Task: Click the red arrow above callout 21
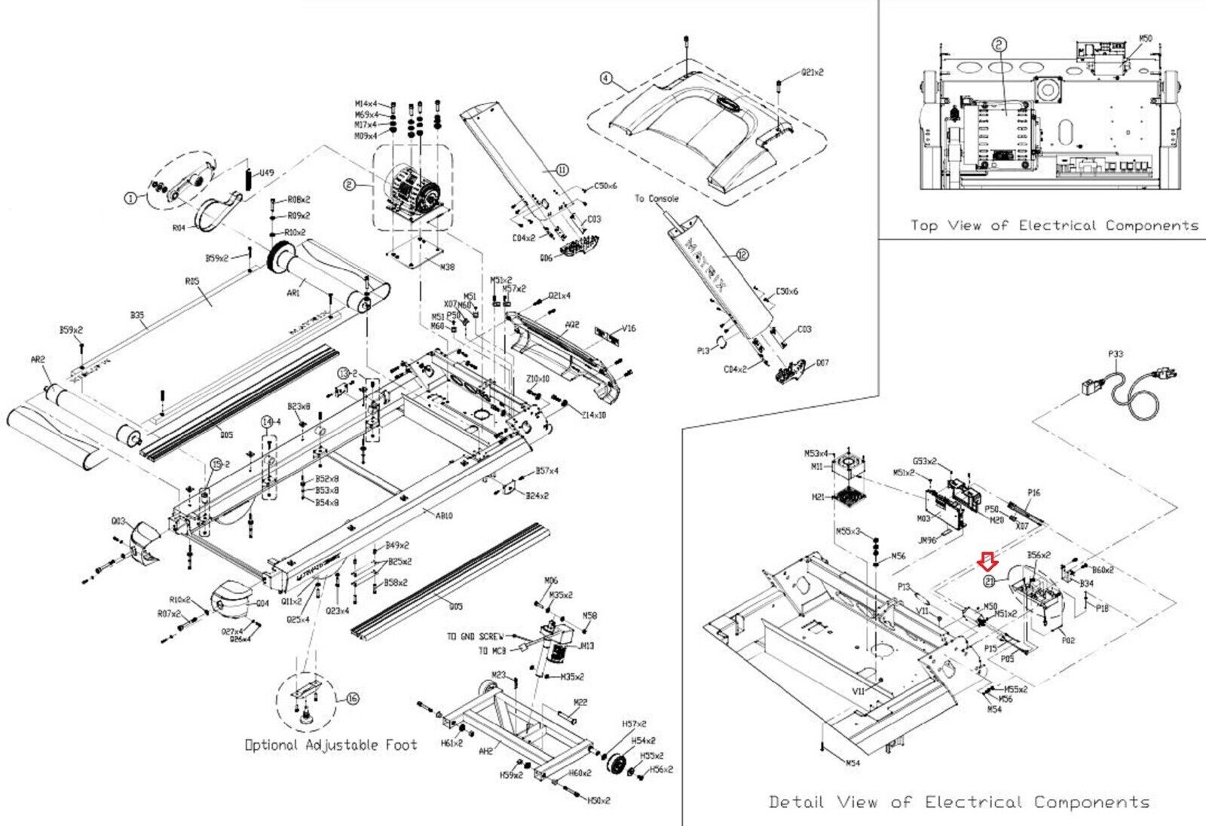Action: (x=987, y=560)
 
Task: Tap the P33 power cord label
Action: (x=1116, y=353)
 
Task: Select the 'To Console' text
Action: (x=656, y=199)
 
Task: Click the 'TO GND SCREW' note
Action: (x=475, y=637)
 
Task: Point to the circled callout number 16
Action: (x=352, y=698)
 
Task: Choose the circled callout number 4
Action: (x=607, y=78)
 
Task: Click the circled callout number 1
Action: (x=130, y=198)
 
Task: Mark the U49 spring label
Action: (x=267, y=173)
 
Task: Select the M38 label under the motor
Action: (x=447, y=267)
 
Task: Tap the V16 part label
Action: (x=629, y=329)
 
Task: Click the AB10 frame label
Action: (x=444, y=516)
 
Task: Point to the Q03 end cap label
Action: (x=119, y=521)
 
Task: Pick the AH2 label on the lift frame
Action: (x=485, y=751)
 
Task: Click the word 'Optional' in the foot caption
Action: (x=271, y=745)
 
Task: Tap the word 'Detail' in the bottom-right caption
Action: (x=796, y=802)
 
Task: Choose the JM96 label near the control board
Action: (x=926, y=540)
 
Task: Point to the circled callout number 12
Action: (x=742, y=255)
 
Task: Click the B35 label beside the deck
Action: (x=137, y=316)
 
